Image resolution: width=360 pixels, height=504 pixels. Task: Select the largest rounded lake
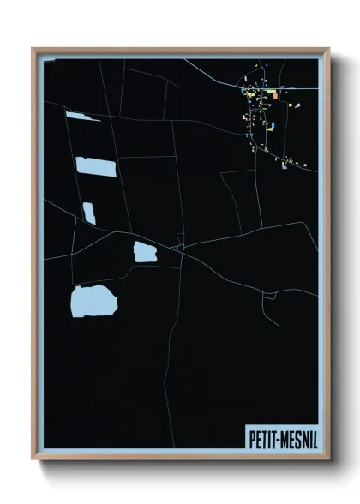(x=93, y=302)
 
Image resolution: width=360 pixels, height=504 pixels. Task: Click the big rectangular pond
(x=96, y=166)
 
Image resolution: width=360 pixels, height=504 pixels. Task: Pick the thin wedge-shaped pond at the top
(x=82, y=116)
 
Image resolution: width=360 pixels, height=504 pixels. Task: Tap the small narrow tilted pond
(x=89, y=213)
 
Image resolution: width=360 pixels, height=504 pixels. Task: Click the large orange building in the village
(x=275, y=96)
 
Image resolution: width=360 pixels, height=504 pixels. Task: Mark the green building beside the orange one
(x=269, y=91)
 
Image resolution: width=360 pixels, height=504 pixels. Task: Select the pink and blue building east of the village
(x=297, y=105)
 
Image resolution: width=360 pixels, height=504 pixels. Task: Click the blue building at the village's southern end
(x=285, y=165)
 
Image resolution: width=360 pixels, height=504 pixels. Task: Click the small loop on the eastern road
(x=268, y=295)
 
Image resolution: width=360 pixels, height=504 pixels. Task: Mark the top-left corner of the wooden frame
(x=33, y=49)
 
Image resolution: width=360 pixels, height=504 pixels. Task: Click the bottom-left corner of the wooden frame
(x=33, y=458)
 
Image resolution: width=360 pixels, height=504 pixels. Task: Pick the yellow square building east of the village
(x=291, y=105)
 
